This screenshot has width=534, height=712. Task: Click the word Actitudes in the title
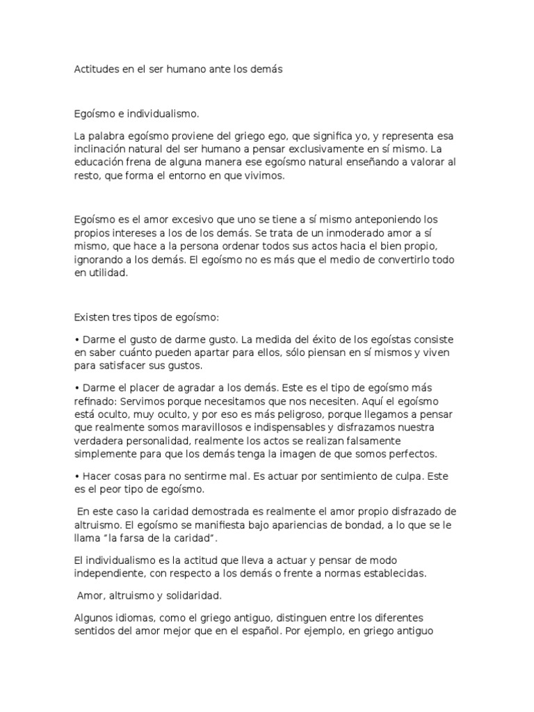[97, 70]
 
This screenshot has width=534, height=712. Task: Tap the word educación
[101, 164]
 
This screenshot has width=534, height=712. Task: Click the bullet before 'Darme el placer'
[76, 387]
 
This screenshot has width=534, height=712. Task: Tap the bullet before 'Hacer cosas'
[76, 476]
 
